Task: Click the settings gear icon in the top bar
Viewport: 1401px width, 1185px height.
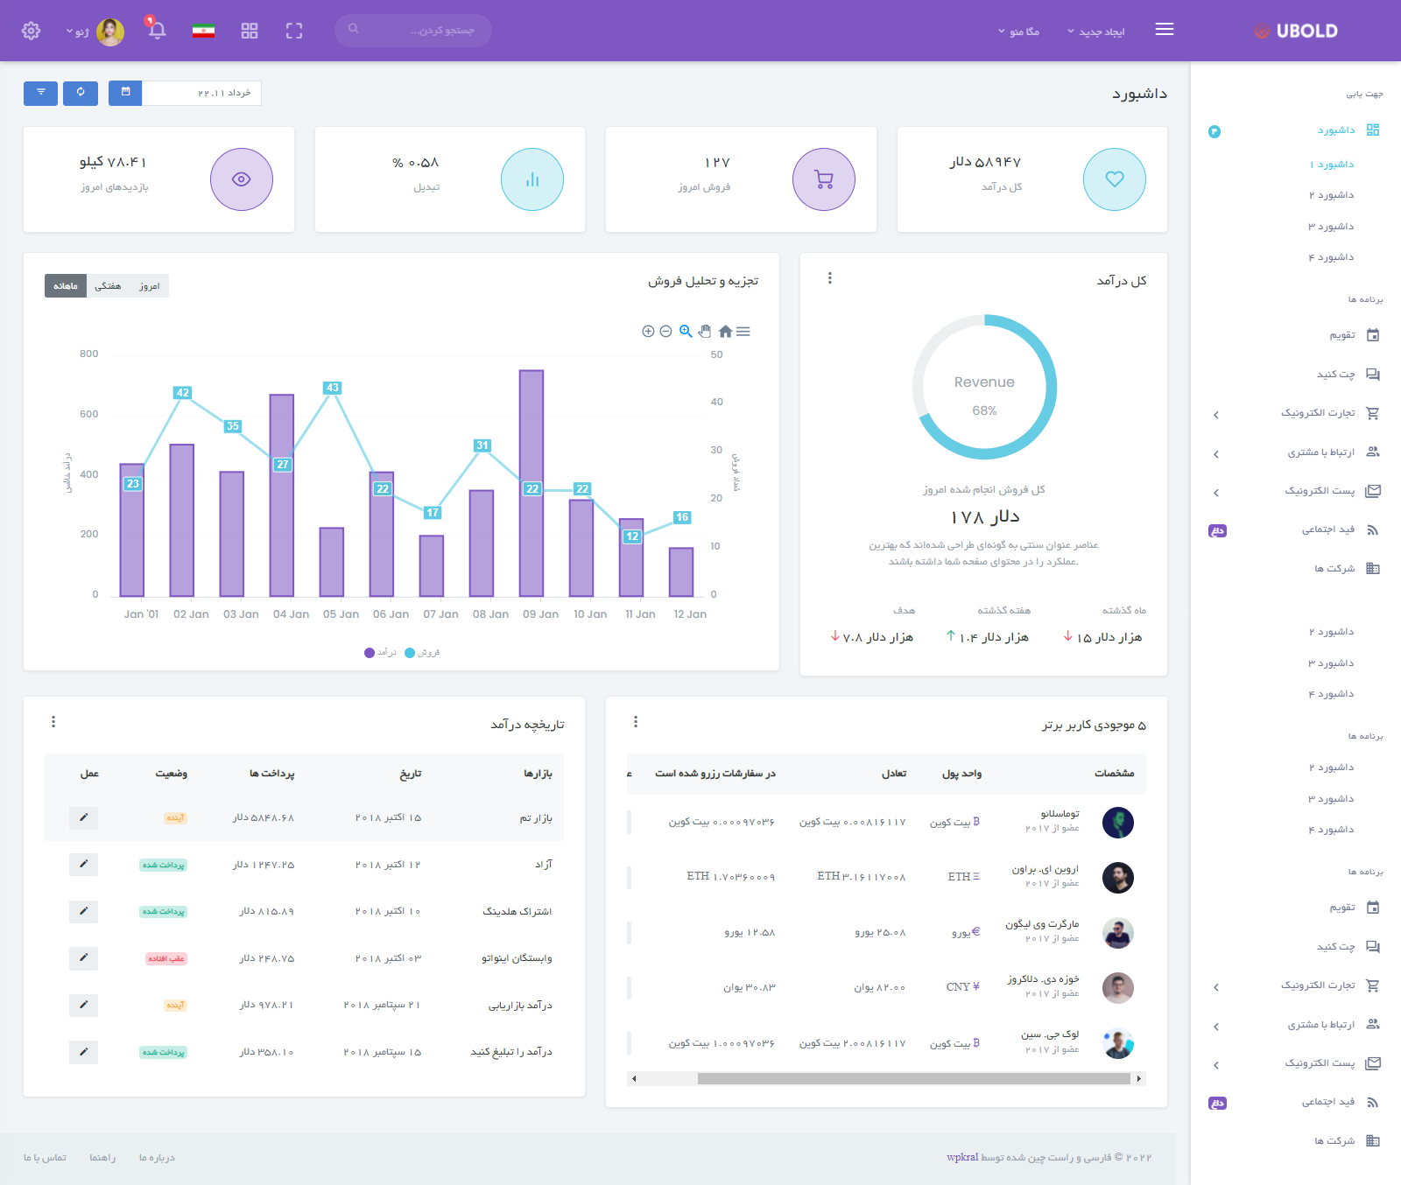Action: tap(32, 31)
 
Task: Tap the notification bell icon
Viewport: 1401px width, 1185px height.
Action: tap(158, 31)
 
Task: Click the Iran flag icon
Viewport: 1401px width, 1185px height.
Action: tap(203, 31)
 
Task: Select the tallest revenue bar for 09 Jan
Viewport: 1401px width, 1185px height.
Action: tap(532, 482)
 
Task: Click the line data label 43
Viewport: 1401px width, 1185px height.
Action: tap(332, 388)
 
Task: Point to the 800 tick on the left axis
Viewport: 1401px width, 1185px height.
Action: tap(89, 354)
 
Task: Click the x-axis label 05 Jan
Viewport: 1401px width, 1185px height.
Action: tap(341, 614)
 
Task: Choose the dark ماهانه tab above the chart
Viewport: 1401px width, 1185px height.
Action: tap(66, 286)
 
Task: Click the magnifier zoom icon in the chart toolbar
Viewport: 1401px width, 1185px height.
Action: tap(686, 331)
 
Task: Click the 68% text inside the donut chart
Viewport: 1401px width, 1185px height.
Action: tap(984, 410)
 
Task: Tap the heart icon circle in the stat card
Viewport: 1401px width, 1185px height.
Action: tap(1114, 179)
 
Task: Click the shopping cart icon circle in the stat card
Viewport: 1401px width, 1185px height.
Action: tap(823, 179)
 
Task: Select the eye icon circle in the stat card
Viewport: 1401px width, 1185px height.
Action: tap(242, 179)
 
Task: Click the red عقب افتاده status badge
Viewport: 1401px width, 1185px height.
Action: tap(166, 958)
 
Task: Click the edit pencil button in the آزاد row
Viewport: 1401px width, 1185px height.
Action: tap(83, 865)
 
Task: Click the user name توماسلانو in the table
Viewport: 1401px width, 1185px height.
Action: tap(1060, 814)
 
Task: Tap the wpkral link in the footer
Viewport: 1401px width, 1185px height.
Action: tap(961, 1157)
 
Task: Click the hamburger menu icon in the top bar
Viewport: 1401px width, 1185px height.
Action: tap(1164, 30)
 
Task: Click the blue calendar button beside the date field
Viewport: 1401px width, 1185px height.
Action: tap(125, 92)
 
